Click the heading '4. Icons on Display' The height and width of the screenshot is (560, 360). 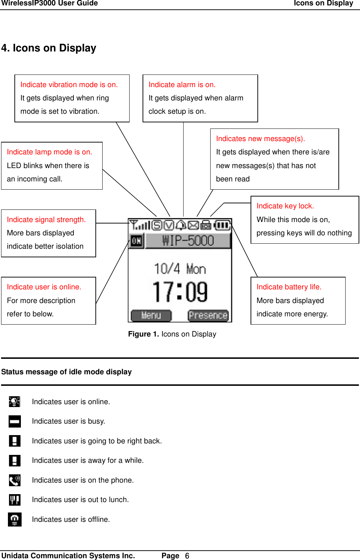[x=49, y=48]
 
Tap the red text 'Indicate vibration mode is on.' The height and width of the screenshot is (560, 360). [x=69, y=85]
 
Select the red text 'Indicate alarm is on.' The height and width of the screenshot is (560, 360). [x=182, y=85]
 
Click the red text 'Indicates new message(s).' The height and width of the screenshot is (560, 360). [x=260, y=139]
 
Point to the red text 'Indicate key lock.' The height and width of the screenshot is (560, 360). [x=285, y=206]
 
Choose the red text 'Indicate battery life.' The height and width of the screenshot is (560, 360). [x=289, y=287]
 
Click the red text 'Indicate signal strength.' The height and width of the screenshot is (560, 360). [x=46, y=220]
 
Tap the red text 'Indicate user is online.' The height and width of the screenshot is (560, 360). [x=44, y=287]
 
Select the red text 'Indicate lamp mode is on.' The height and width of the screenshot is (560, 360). [x=49, y=152]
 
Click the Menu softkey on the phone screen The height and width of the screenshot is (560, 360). [x=151, y=315]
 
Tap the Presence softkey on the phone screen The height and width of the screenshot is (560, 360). [x=208, y=315]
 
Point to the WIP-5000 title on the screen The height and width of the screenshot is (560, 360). [x=188, y=240]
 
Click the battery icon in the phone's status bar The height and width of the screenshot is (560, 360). [x=222, y=226]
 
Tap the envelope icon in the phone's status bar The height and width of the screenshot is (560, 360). [x=193, y=226]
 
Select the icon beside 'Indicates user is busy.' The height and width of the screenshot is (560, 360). [x=15, y=421]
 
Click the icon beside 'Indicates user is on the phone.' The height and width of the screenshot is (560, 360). [x=15, y=480]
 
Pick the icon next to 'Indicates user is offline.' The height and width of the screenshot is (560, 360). [x=15, y=519]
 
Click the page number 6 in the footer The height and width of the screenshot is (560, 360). [x=187, y=556]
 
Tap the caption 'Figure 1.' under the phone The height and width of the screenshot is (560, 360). [x=143, y=334]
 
